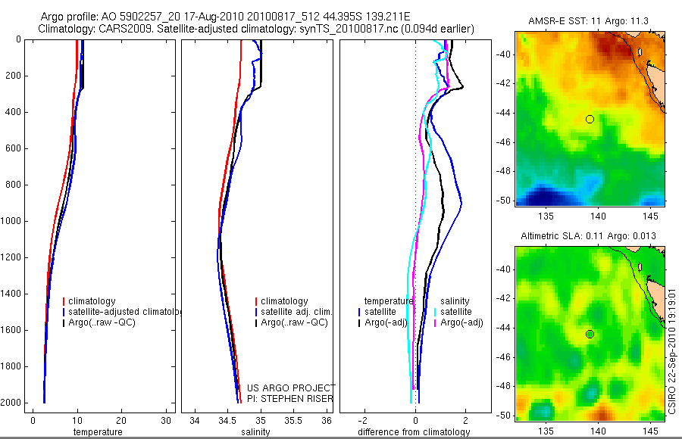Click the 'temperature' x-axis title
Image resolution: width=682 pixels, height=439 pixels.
point(97,432)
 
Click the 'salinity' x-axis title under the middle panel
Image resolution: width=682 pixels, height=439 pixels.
point(254,432)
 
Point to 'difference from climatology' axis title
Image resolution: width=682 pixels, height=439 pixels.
point(414,432)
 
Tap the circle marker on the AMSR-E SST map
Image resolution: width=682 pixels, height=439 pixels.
point(590,119)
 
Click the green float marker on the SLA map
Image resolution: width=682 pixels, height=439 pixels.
point(590,335)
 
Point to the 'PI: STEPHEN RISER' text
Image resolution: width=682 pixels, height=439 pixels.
point(290,399)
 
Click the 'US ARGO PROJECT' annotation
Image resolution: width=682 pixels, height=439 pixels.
point(290,388)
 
